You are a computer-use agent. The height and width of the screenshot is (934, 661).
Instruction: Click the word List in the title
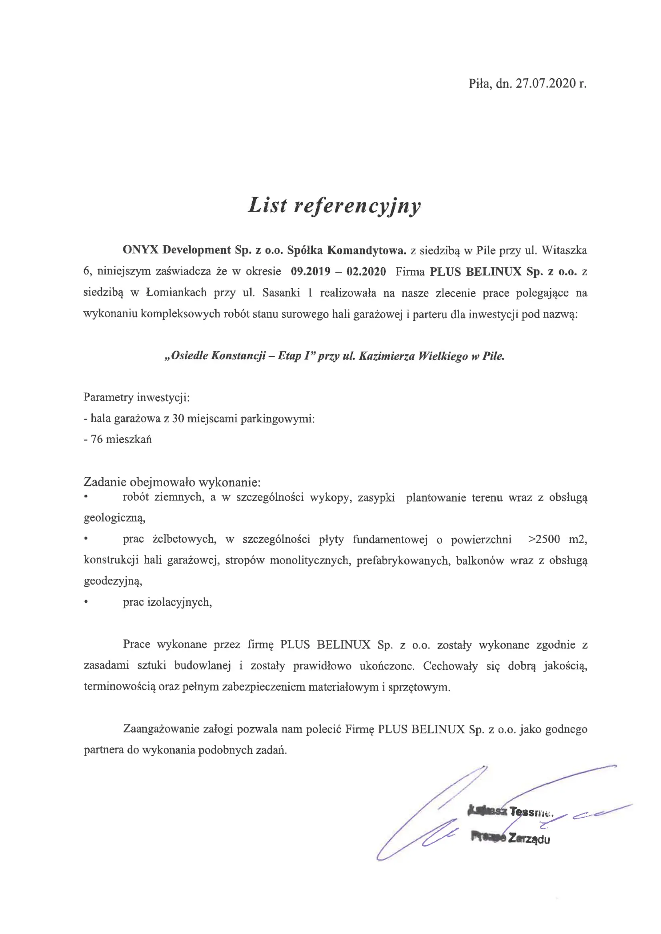pyautogui.click(x=268, y=205)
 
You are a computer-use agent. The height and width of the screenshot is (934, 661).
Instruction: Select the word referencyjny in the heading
pyautogui.click(x=357, y=207)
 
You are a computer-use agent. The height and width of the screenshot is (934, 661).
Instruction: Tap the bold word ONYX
pyautogui.click(x=140, y=250)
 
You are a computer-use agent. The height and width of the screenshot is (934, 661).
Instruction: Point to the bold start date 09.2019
pyautogui.click(x=311, y=271)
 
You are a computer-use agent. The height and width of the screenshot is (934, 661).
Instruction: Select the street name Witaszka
pyautogui.click(x=564, y=250)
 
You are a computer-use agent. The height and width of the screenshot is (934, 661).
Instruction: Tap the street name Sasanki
pyautogui.click(x=281, y=293)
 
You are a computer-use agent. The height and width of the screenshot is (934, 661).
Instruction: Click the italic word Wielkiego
pyautogui.click(x=443, y=356)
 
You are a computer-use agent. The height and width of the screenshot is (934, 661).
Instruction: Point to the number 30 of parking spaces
pyautogui.click(x=178, y=418)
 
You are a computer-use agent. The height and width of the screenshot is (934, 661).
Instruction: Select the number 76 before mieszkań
pyautogui.click(x=97, y=439)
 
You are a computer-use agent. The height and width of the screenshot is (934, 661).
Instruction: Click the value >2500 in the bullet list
pyautogui.click(x=544, y=540)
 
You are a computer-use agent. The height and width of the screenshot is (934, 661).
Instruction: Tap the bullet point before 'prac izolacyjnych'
pyautogui.click(x=86, y=603)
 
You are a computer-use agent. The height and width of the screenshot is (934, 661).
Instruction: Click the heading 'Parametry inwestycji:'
pyautogui.click(x=136, y=397)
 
